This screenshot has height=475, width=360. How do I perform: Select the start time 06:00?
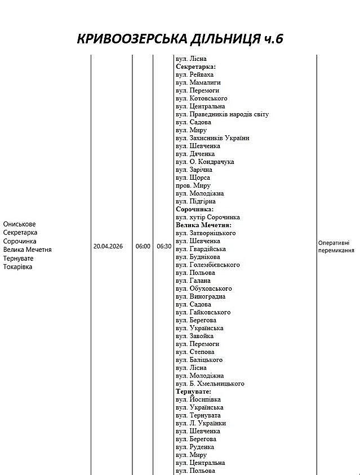(x=143, y=246)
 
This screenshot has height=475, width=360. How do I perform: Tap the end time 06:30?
(x=164, y=246)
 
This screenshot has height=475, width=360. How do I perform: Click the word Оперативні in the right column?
(x=336, y=243)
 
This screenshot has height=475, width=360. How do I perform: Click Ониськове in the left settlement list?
(x=19, y=224)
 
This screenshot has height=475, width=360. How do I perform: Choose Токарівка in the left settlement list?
(x=18, y=267)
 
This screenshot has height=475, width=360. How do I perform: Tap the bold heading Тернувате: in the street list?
(x=193, y=391)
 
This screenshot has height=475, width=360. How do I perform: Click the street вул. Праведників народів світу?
(x=222, y=114)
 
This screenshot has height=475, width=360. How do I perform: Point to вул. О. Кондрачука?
(x=205, y=162)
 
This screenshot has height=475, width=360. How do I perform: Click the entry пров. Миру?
(x=193, y=185)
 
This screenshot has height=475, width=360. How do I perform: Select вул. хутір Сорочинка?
(x=208, y=217)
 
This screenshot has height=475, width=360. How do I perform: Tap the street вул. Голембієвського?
(x=207, y=264)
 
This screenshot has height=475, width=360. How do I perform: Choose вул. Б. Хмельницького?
(x=210, y=383)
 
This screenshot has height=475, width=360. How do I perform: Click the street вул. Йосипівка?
(x=198, y=399)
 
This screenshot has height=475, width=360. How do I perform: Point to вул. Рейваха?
(x=195, y=74)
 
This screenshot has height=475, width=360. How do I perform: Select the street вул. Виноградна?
(x=201, y=296)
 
